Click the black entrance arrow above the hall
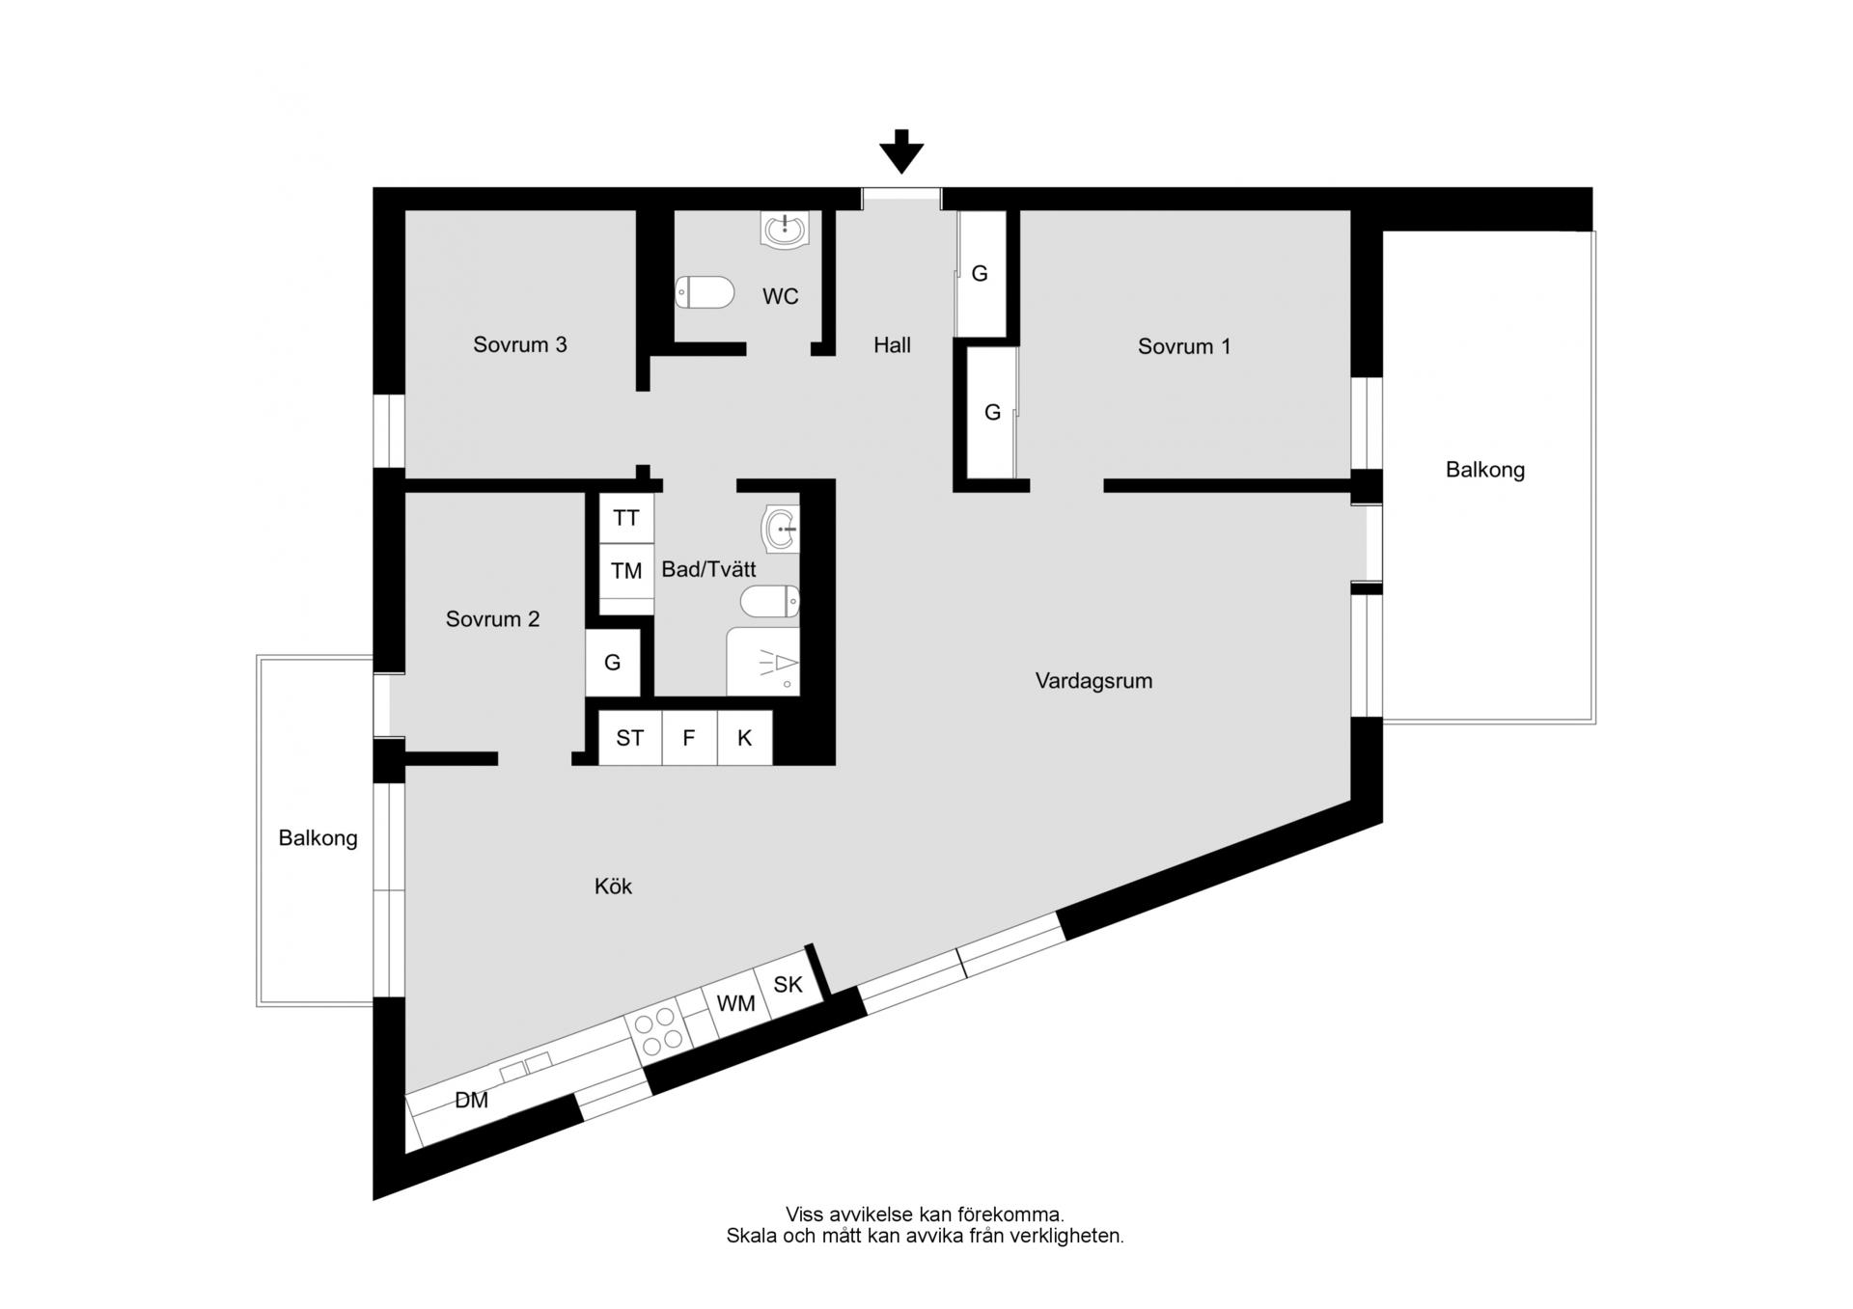(901, 151)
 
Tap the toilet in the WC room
(705, 292)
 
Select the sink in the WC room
(786, 230)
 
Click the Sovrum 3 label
(519, 345)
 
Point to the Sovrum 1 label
(1184, 346)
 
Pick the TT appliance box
(626, 518)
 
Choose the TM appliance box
(626, 571)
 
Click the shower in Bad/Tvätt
(763, 662)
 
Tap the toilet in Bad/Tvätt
(770, 602)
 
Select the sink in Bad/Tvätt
(781, 529)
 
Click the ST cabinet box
(630, 738)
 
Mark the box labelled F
(689, 738)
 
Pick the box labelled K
(745, 738)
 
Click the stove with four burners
(658, 1030)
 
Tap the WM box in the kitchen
(735, 1003)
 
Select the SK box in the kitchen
(788, 985)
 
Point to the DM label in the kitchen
(471, 1100)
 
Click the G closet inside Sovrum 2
(613, 663)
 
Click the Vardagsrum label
(1093, 681)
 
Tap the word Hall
(892, 345)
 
